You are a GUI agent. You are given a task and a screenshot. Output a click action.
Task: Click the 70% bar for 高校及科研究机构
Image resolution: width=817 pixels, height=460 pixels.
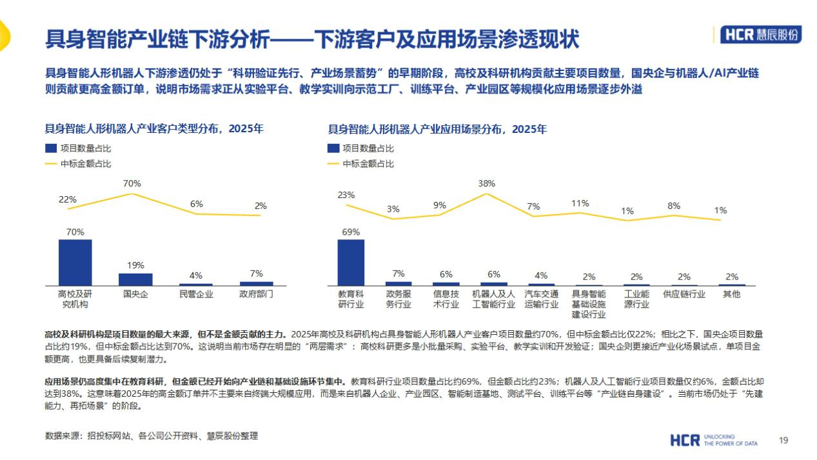pyautogui.click(x=75, y=263)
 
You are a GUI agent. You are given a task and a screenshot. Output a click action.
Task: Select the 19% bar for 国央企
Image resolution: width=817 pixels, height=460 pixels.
pyautogui.click(x=135, y=279)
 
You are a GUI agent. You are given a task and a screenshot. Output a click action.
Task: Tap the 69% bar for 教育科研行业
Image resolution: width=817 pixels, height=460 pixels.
pyautogui.click(x=351, y=263)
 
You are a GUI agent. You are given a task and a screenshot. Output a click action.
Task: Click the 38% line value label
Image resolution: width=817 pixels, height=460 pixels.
pyautogui.click(x=487, y=183)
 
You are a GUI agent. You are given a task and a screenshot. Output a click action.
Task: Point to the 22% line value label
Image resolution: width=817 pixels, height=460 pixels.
pyautogui.click(x=68, y=199)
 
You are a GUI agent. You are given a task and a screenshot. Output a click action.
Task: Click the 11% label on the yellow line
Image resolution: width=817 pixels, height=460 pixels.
pyautogui.click(x=580, y=203)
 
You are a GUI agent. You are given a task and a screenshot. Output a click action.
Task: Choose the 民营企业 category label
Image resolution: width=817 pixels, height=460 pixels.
pyautogui.click(x=196, y=294)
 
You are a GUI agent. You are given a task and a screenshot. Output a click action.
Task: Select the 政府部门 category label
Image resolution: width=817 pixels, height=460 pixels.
pyautogui.click(x=256, y=294)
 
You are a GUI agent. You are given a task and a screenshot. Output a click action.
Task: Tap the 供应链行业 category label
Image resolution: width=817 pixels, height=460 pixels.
pyautogui.click(x=684, y=294)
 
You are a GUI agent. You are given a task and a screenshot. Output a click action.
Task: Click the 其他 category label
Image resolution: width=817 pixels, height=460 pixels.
pyautogui.click(x=732, y=294)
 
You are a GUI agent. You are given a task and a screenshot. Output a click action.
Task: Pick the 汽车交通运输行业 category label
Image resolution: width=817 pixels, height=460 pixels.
pyautogui.click(x=541, y=299)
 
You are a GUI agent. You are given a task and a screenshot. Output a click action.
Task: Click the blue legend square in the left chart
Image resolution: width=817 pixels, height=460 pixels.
pyautogui.click(x=51, y=148)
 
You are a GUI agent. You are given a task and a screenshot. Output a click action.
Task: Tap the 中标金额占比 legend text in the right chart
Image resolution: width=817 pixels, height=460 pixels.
pyautogui.click(x=368, y=164)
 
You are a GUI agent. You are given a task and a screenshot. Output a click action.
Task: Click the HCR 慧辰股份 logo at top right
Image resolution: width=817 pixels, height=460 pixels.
pyautogui.click(x=760, y=35)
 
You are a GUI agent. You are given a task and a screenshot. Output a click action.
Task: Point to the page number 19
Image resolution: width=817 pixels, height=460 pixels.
pyautogui.click(x=783, y=440)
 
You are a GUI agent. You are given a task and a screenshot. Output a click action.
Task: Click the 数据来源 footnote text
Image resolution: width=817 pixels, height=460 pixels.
pyautogui.click(x=152, y=435)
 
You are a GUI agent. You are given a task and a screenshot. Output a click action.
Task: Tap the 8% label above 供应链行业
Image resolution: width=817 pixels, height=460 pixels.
pyautogui.click(x=674, y=206)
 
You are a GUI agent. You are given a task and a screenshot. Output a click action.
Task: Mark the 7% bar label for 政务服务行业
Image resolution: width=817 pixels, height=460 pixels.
pyautogui.click(x=399, y=274)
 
